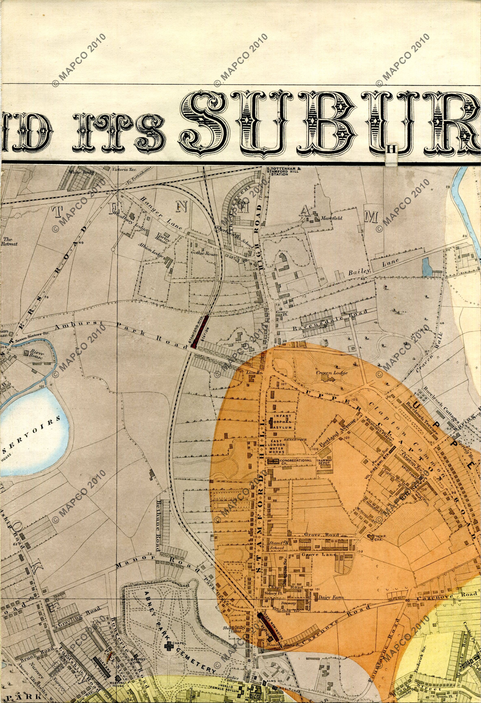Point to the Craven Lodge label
pos(332,373)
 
